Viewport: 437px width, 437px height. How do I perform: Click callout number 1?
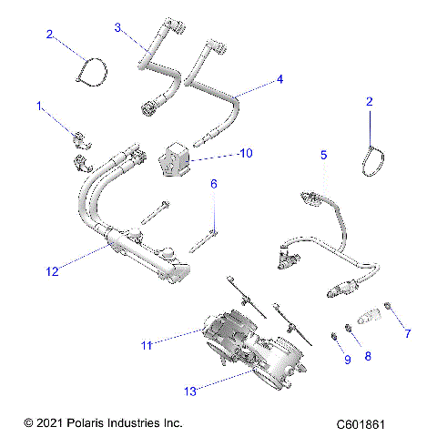(39, 107)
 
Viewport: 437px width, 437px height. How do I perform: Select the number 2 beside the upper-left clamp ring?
(51, 35)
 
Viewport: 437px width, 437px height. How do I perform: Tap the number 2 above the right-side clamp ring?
(369, 103)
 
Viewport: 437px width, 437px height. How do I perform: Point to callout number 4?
(279, 79)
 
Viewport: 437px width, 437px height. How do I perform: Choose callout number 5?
(322, 155)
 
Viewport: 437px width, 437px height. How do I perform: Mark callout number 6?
(213, 184)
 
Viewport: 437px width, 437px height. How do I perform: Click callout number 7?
(407, 333)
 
